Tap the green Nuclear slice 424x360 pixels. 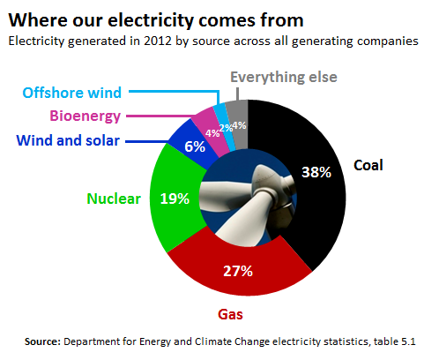pyautogui.click(x=175, y=200)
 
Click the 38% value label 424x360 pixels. pyautogui.click(x=316, y=172)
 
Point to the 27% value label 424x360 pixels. pyautogui.click(x=238, y=271)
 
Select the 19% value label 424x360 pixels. pyautogui.click(x=175, y=199)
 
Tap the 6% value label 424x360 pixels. pyautogui.click(x=195, y=146)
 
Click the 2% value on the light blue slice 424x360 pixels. pyautogui.click(x=226, y=128)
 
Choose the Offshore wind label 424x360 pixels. pyautogui.click(x=72, y=93)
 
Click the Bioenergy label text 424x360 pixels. pyautogui.click(x=86, y=116)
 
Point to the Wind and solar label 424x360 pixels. pyautogui.click(x=68, y=140)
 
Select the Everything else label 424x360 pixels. pyautogui.click(x=284, y=78)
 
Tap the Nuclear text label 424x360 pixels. pyautogui.click(x=114, y=199)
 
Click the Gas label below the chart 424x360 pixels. pyautogui.click(x=230, y=314)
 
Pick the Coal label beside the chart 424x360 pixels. pyautogui.click(x=368, y=165)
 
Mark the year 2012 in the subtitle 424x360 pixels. pyautogui.click(x=158, y=41)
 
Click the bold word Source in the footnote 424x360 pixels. pyautogui.click(x=42, y=341)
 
